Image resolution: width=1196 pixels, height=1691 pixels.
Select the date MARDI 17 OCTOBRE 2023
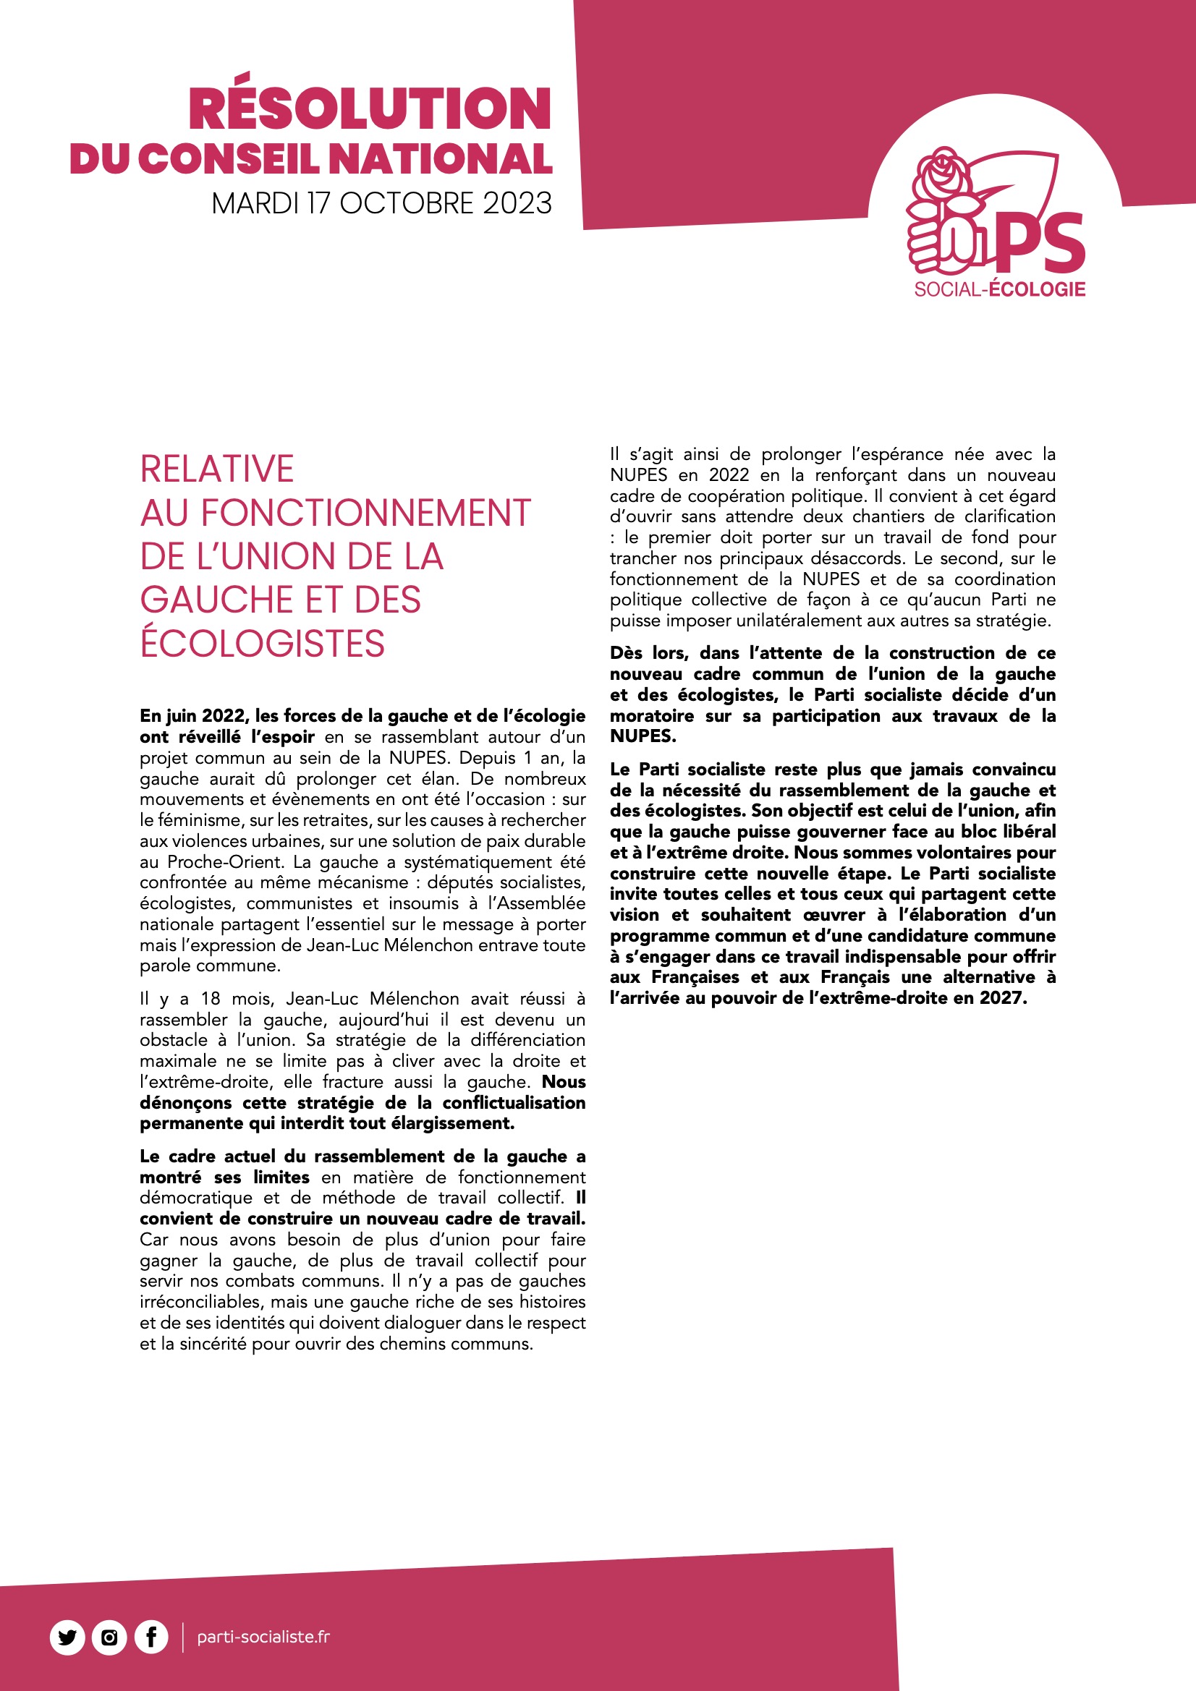[381, 203]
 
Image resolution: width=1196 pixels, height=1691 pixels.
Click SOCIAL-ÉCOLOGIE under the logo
[999, 289]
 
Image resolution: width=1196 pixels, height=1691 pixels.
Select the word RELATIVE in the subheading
[216, 469]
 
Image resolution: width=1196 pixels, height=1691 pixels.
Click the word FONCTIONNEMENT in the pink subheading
[365, 513]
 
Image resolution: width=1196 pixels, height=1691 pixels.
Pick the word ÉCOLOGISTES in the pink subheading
[263, 643]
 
